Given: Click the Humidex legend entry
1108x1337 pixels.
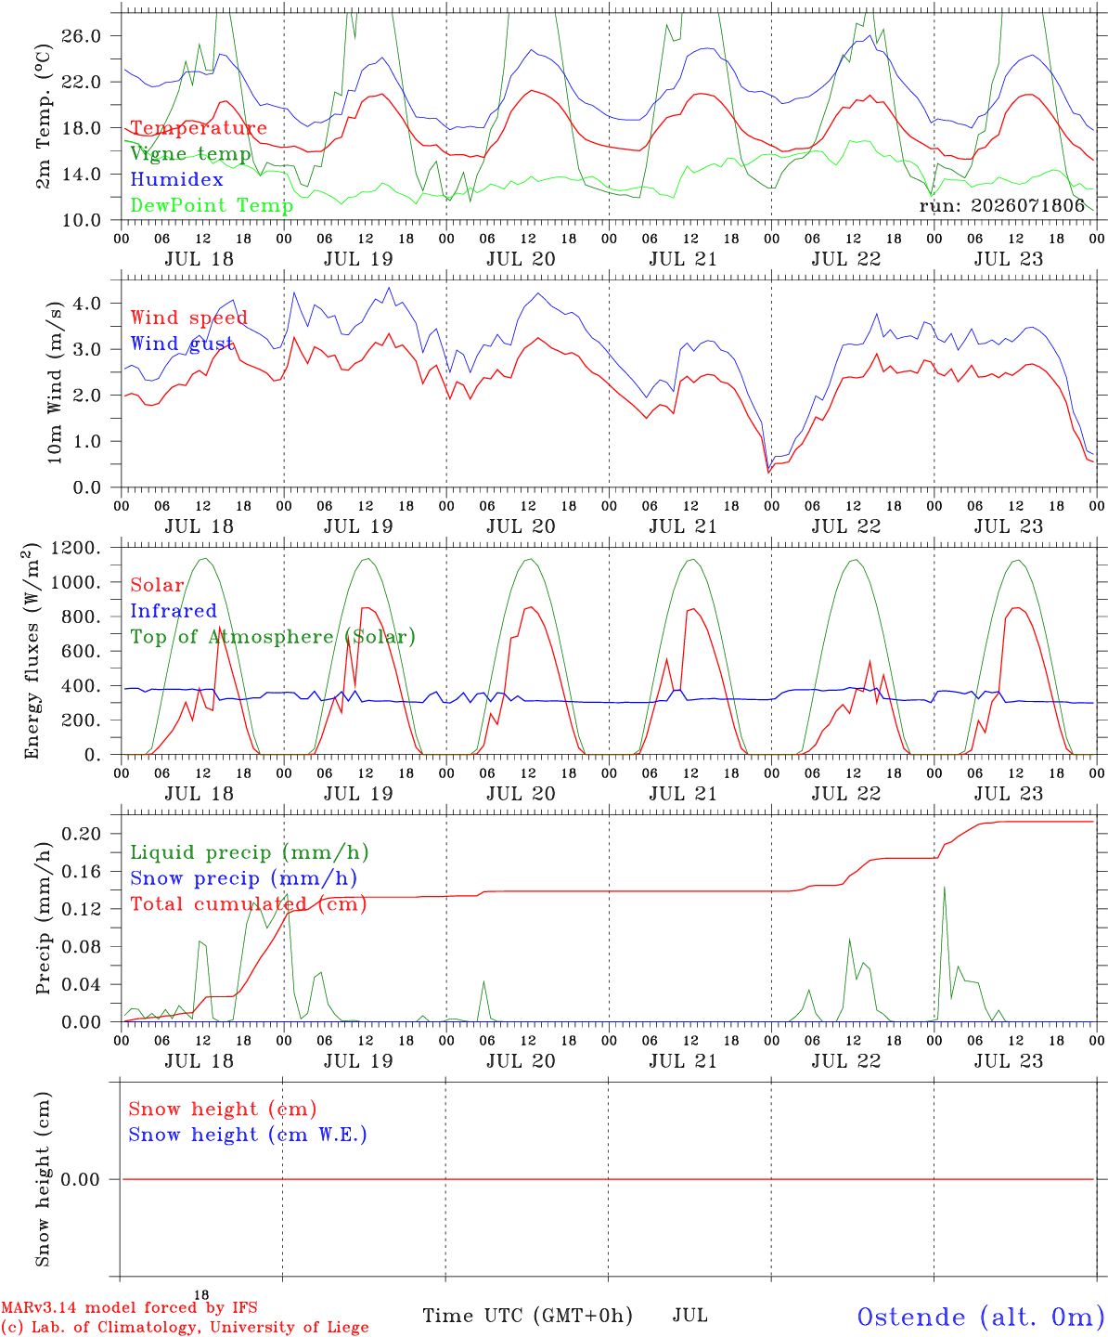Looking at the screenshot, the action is pos(176,179).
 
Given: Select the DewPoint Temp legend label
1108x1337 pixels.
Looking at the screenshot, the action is pos(212,205).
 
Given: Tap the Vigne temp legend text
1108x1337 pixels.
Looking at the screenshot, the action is pos(191,154).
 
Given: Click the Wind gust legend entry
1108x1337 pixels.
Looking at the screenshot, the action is pos(182,344).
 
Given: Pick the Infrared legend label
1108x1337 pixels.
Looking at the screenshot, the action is pos(174,611).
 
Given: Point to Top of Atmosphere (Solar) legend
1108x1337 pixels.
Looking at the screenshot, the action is pos(274,637).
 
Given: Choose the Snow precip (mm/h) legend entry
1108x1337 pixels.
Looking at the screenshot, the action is pos(243,878).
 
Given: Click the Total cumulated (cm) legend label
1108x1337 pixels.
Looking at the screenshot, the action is pos(249,904).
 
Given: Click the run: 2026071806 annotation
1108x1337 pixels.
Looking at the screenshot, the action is pos(1001,205).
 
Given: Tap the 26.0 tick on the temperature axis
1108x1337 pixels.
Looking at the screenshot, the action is pos(82,36).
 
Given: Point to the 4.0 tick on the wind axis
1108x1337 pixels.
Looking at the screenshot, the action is pos(87,304).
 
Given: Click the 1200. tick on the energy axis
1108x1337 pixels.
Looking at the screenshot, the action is pos(76,548).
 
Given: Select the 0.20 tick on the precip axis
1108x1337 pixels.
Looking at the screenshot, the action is pos(82,835).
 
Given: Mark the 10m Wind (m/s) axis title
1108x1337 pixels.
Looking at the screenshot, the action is pos(55,383).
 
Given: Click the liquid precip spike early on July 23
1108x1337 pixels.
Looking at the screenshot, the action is pos(944,888).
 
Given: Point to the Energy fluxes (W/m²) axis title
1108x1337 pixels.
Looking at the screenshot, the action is pos(32,651).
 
